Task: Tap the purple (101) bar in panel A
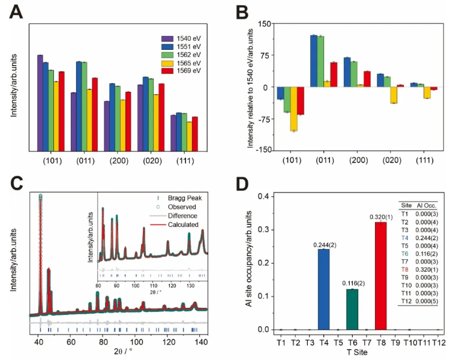point(40,102)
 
